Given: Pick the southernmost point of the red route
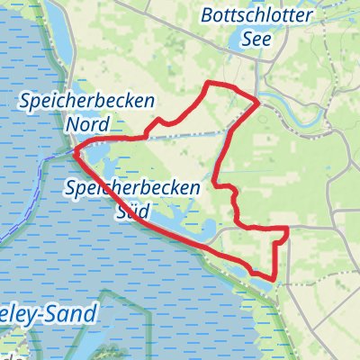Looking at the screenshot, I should point(270,279).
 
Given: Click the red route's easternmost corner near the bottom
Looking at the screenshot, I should point(287,230).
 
